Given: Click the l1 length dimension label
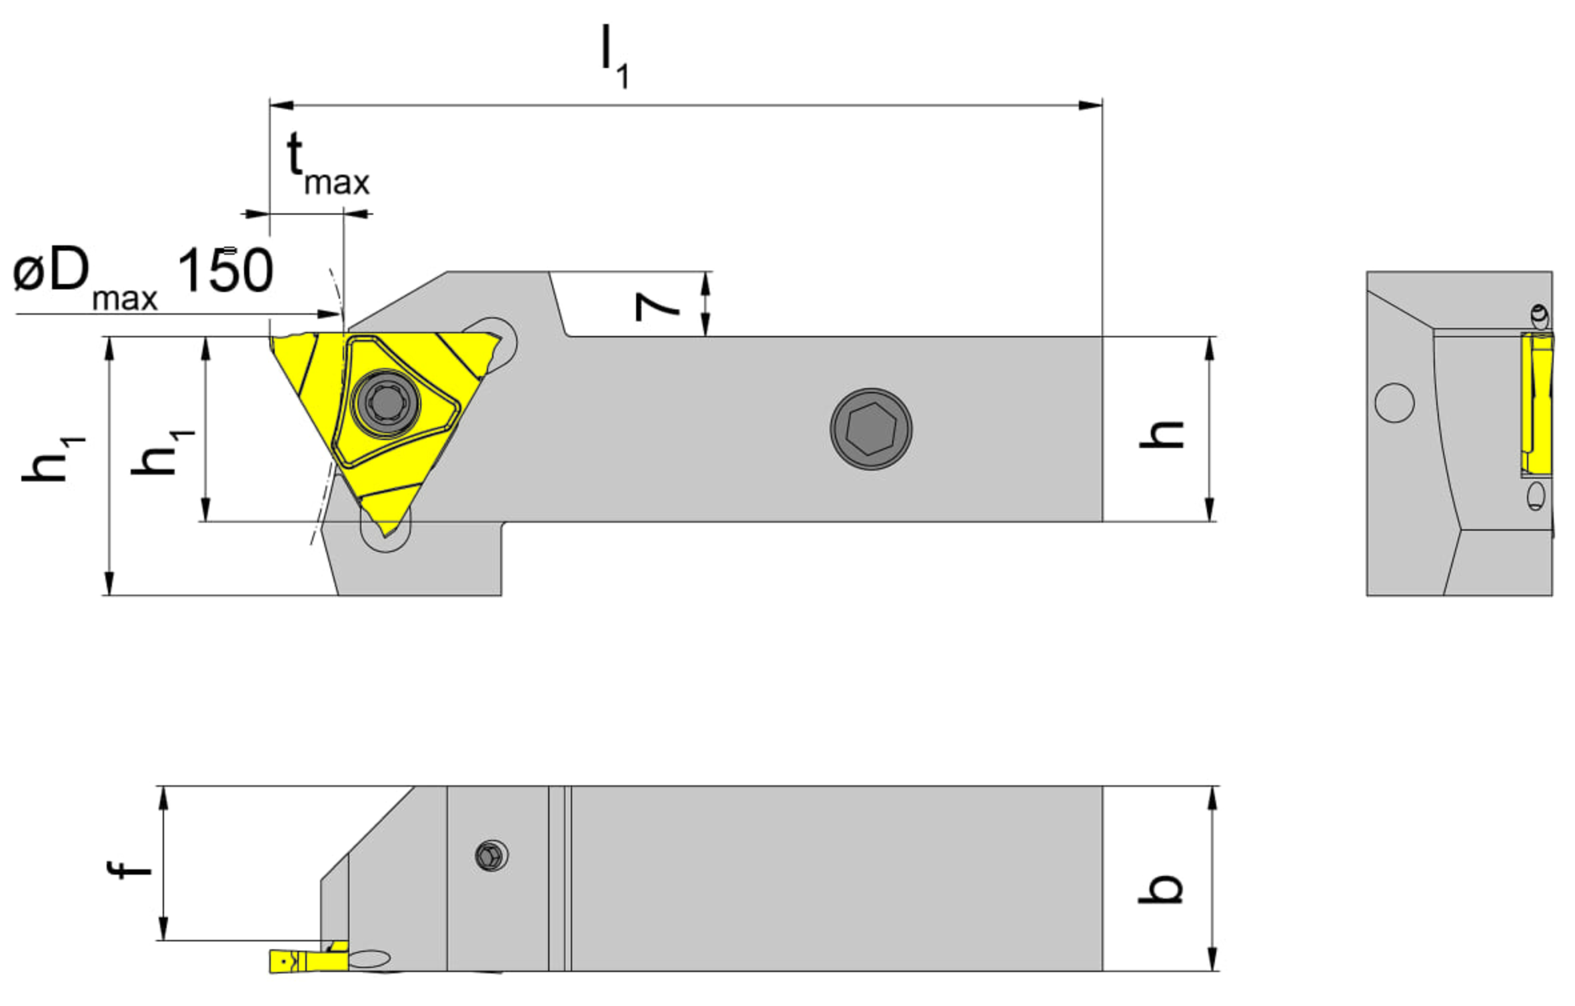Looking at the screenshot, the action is click(x=614, y=56).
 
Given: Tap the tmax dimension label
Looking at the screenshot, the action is click(x=327, y=164).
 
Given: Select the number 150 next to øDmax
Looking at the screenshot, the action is click(x=225, y=270).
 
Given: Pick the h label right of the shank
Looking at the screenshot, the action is click(x=1161, y=434).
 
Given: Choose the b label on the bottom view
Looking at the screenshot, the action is click(x=1160, y=889).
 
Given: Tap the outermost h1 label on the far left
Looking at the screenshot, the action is click(x=53, y=459).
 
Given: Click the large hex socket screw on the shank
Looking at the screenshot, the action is click(x=871, y=429).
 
